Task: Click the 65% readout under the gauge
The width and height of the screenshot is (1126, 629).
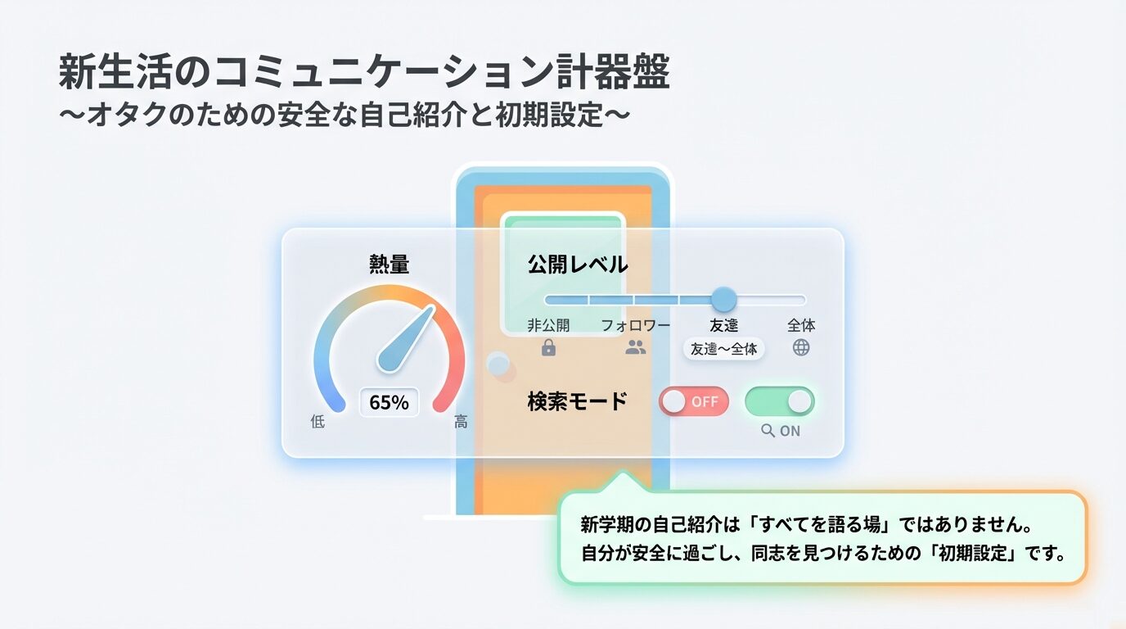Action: tap(389, 403)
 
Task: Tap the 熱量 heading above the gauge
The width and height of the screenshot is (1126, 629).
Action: tap(390, 265)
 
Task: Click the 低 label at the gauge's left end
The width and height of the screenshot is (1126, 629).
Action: tap(318, 422)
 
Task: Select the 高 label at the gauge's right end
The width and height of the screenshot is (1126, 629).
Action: tap(462, 422)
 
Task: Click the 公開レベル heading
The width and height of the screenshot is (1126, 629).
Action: tap(577, 265)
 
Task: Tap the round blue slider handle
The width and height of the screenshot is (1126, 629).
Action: tap(723, 300)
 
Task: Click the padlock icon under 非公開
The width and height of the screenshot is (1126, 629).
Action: tap(548, 347)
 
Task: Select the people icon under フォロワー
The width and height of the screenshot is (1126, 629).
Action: tap(635, 347)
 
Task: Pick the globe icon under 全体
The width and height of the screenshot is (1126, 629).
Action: tap(801, 347)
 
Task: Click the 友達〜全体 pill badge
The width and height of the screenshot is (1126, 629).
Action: tap(723, 349)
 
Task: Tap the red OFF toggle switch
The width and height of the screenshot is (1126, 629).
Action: tap(694, 401)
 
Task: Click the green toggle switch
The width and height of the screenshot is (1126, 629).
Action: tap(779, 401)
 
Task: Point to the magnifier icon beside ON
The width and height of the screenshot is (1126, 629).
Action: tap(768, 431)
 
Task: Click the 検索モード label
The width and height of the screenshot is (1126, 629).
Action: tap(577, 401)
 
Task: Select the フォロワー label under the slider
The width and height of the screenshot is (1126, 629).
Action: tap(635, 325)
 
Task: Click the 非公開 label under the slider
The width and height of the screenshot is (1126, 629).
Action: tap(548, 325)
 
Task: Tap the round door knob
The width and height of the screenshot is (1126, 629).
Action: tap(497, 364)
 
